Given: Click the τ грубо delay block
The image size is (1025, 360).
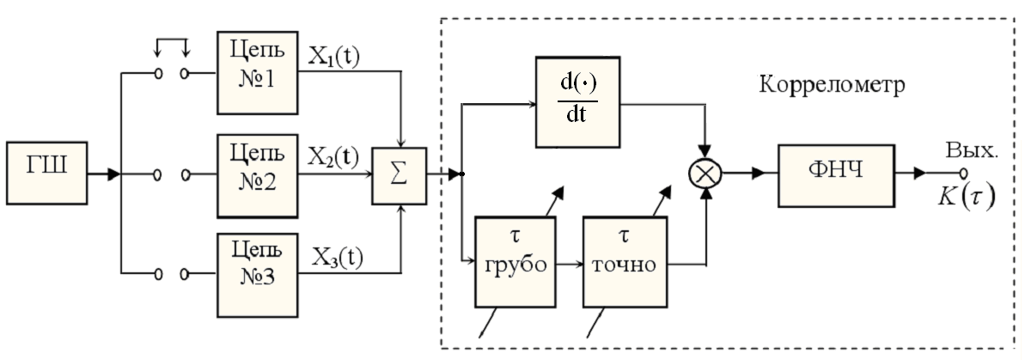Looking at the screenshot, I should tap(516, 260).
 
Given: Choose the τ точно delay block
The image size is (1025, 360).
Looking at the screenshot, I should tap(624, 260).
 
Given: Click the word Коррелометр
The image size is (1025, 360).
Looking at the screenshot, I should tap(833, 86).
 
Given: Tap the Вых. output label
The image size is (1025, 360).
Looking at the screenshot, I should tap(973, 151).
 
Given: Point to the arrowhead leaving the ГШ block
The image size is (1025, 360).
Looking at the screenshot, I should tap(113, 175).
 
